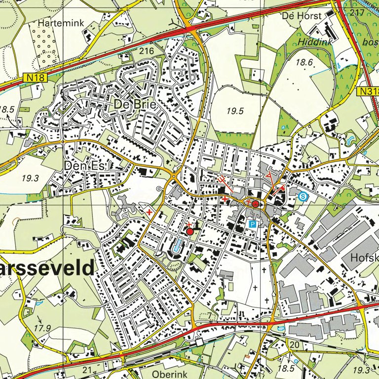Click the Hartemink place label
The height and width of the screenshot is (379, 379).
[x=62, y=23]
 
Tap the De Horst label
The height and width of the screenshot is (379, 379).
[x=302, y=16]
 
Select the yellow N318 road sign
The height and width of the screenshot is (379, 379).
[x=368, y=92]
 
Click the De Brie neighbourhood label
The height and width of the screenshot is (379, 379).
[x=135, y=105]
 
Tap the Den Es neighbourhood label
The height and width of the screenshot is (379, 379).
[x=84, y=167]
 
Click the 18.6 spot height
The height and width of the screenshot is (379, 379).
[x=304, y=62]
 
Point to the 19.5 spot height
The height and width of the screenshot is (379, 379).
[x=235, y=112]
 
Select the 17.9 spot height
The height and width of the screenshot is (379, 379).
[x=43, y=328]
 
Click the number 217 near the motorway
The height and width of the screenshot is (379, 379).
[x=356, y=11]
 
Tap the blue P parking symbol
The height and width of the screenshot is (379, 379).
[x=253, y=224]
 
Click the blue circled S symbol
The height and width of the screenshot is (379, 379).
[x=303, y=196]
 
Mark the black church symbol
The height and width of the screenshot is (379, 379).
[x=198, y=226]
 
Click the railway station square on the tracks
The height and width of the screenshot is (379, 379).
[x=199, y=342]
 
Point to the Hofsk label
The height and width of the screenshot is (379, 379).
[x=364, y=258]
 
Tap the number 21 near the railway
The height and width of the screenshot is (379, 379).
[x=87, y=370]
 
